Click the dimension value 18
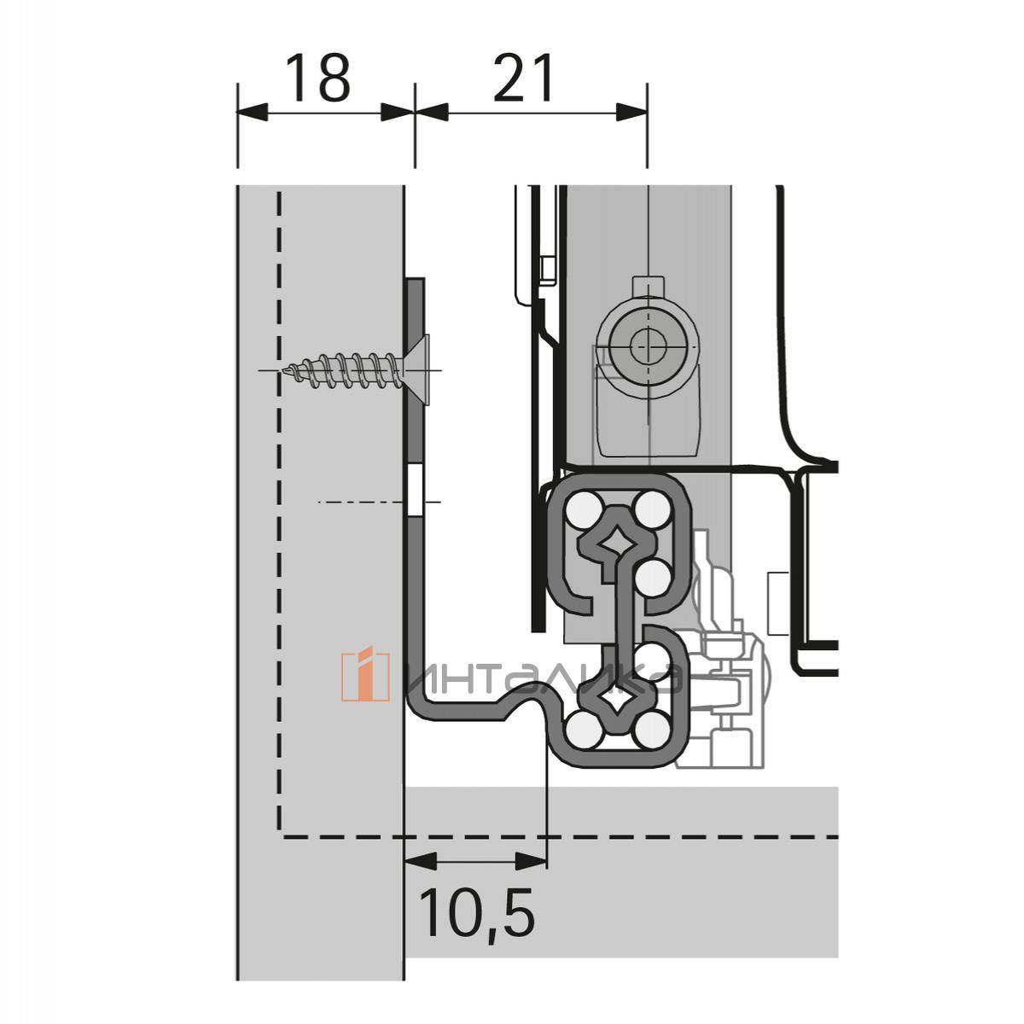pyautogui.click(x=317, y=78)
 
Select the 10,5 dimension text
pyautogui.click(x=477, y=913)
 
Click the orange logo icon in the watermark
pyautogui.click(x=364, y=677)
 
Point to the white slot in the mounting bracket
pyautogui.click(x=414, y=491)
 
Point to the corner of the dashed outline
pyautogui.click(x=280, y=835)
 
